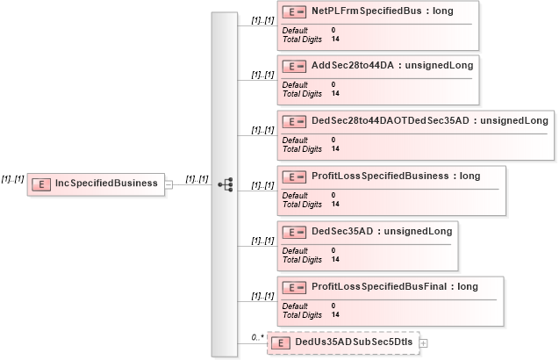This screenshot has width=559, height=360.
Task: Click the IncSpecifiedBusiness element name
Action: tap(106, 184)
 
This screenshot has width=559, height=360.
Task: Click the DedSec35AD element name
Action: tap(346, 231)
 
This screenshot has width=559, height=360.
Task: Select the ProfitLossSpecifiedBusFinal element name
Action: tap(382, 286)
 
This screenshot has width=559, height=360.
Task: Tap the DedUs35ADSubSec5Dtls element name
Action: tap(354, 342)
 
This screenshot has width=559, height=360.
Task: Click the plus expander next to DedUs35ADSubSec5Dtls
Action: tap(424, 342)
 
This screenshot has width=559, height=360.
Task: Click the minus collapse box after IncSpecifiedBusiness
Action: tap(168, 184)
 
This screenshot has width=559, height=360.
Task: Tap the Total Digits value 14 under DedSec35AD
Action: tap(335, 259)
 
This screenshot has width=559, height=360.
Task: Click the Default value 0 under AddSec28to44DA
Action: tap(333, 85)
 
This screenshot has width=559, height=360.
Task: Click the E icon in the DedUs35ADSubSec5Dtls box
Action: tap(282, 342)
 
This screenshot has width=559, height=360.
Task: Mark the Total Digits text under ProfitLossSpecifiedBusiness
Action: tap(302, 204)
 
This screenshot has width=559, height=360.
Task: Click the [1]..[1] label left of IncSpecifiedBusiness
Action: tap(12, 178)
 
